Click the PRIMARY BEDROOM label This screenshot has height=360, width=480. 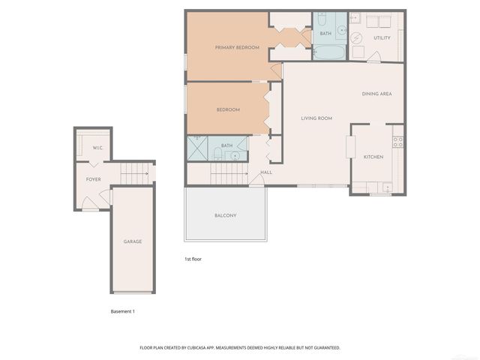tap(237, 48)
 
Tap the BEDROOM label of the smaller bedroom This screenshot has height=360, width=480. tap(228, 110)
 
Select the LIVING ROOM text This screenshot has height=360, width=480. tap(316, 118)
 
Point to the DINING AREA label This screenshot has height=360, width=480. tap(376, 94)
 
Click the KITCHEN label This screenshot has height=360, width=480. tap(373, 157)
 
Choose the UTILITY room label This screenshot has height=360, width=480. tap(382, 37)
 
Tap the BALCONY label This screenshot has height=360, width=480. tap(225, 216)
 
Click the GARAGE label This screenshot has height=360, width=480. tap(133, 241)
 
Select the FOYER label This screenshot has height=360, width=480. tap(94, 180)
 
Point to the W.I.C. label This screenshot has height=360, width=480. tap(97, 148)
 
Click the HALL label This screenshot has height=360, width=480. tap(266, 172)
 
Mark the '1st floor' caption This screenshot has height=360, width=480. tap(193, 259)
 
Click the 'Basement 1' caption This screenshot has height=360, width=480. tap(122, 311)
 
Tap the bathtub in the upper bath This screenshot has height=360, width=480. tap(328, 53)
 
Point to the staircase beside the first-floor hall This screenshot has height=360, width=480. tap(229, 175)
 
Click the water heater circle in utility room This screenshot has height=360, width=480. tap(356, 38)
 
